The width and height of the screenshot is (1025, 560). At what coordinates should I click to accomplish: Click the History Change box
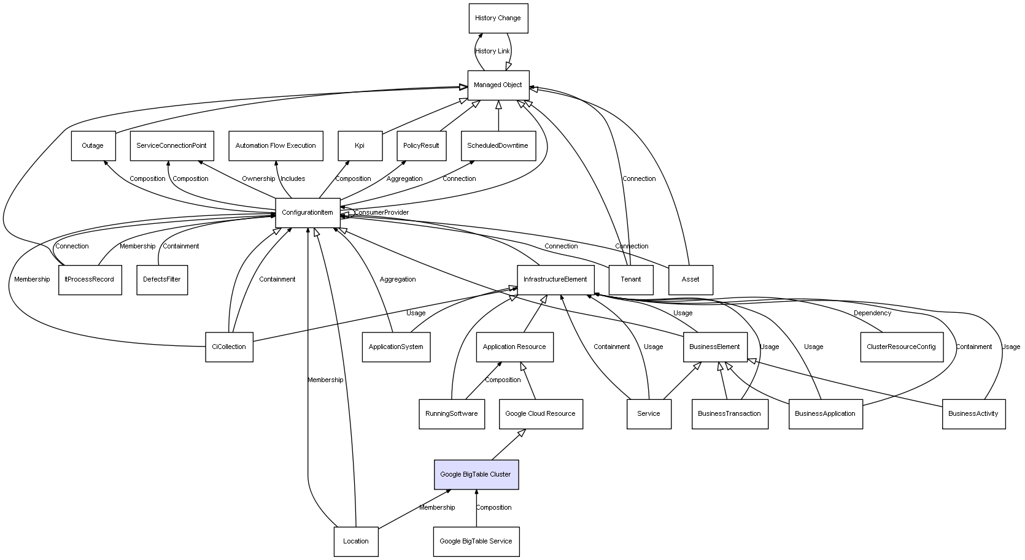click(498, 18)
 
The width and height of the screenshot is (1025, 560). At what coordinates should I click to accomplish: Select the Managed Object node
click(498, 85)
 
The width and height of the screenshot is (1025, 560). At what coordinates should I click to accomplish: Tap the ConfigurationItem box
click(307, 213)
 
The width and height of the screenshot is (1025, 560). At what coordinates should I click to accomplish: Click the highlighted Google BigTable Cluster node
click(476, 475)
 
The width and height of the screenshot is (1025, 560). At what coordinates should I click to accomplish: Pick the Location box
click(355, 542)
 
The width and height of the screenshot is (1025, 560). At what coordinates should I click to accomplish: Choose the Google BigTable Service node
click(476, 542)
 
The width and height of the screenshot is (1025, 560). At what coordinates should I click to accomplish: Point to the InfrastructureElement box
click(555, 280)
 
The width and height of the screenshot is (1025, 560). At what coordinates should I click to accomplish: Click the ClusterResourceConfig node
click(901, 347)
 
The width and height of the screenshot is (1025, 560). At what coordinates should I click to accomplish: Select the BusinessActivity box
click(973, 414)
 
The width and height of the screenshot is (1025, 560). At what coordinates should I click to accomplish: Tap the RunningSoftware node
click(451, 414)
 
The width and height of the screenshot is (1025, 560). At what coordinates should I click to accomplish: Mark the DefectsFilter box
click(162, 280)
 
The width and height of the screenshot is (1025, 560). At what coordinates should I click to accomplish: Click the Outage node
click(93, 146)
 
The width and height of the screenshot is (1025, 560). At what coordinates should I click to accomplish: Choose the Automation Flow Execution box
click(276, 146)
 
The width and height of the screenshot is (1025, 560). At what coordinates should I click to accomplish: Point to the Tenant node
click(631, 280)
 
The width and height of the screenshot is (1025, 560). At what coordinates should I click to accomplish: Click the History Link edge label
click(492, 52)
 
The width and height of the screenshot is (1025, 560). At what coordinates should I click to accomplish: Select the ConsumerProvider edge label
click(381, 213)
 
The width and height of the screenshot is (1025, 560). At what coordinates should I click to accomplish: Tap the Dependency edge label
click(872, 313)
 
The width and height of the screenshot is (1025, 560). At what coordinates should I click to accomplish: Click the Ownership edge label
click(258, 179)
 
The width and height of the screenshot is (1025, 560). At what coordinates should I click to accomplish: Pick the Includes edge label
click(293, 179)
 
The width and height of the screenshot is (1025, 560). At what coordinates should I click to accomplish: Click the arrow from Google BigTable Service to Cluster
click(476, 508)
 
